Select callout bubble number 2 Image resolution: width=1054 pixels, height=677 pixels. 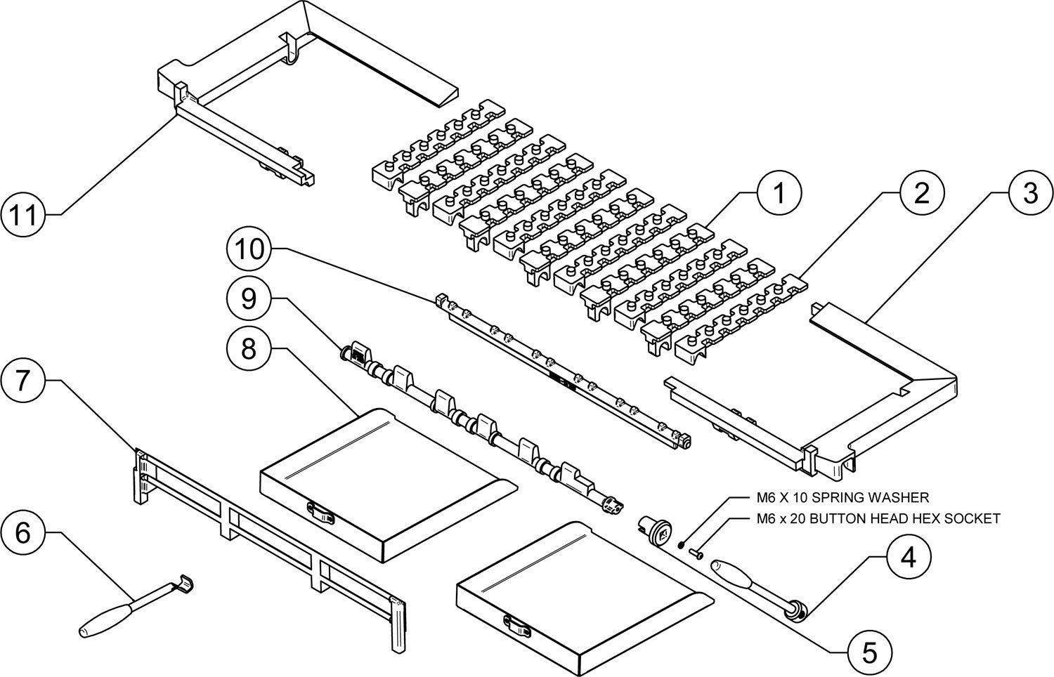[921, 193]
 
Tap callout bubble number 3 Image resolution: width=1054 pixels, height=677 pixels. [1030, 193]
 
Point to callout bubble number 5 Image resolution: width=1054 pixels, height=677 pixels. [869, 653]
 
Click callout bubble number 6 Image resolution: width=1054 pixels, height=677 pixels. [23, 532]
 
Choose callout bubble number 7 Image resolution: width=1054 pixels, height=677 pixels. [23, 381]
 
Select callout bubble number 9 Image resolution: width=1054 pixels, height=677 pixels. [249, 298]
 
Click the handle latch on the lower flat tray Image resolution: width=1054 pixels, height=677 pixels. [517, 624]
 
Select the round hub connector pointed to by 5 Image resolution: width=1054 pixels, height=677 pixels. [656, 530]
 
